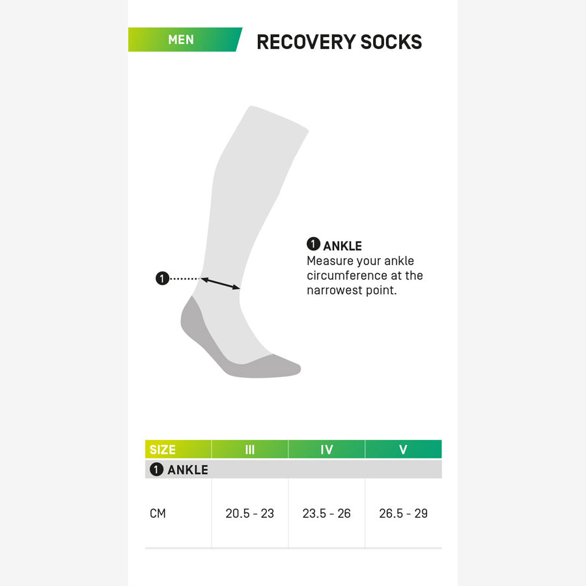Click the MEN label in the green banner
coord(180,40)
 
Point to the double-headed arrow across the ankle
coord(221,284)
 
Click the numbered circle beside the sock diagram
coord(162,279)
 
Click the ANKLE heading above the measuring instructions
coord(342,246)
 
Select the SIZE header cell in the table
coord(163,449)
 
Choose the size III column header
coord(250,449)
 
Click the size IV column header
coord(327,449)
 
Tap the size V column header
coord(403,449)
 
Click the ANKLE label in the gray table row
coord(188,469)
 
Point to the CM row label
coord(158,514)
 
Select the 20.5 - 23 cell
coord(250,514)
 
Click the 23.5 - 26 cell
coord(327,514)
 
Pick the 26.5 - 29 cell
coord(403,514)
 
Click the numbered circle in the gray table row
coord(156,469)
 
